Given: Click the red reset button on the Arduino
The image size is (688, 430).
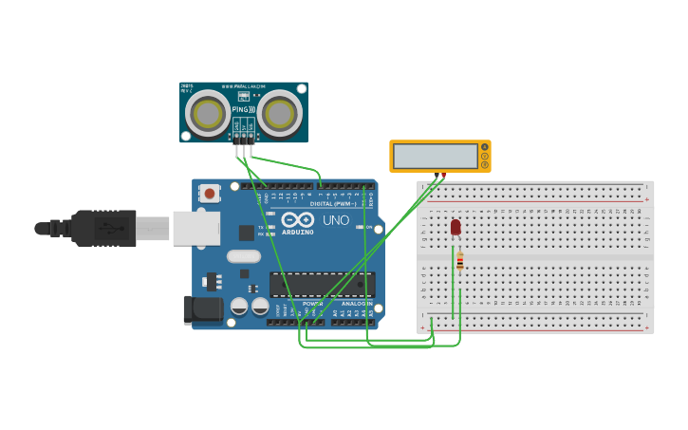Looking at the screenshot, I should (210, 194).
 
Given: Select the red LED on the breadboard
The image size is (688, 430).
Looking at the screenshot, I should (456, 227).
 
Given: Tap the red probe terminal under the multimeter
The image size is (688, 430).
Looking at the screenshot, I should (444, 176).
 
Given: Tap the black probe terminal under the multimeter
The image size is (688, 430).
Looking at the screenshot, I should (437, 176).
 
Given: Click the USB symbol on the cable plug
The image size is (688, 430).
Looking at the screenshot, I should (112, 228).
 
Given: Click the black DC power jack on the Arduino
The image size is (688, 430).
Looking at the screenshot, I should (202, 308).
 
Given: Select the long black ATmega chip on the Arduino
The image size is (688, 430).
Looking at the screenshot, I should (322, 284).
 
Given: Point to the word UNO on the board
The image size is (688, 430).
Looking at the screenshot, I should (336, 220).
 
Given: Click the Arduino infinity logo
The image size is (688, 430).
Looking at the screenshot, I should (297, 219).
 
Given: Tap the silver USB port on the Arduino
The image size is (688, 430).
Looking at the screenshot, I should (196, 228).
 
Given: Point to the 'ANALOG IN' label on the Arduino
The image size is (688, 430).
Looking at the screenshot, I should (357, 304).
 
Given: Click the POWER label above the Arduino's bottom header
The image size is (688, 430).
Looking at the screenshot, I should (312, 304).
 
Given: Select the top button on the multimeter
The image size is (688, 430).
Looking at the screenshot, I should (485, 147).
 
